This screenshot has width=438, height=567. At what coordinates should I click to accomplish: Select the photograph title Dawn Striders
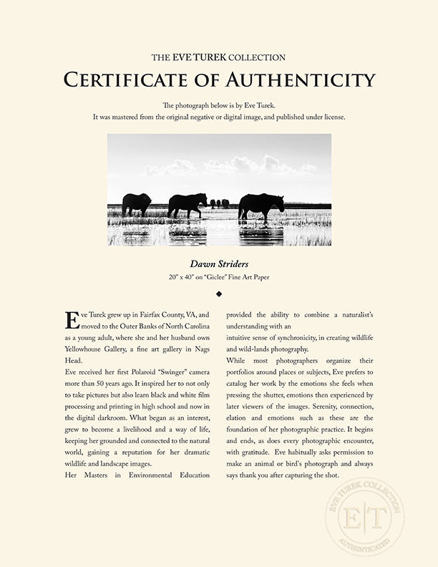coord(219,264)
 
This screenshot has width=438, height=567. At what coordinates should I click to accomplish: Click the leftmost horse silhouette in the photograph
coord(136,204)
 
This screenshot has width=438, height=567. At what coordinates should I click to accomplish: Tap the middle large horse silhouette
coord(188,205)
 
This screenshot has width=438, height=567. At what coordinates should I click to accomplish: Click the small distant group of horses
coord(220,203)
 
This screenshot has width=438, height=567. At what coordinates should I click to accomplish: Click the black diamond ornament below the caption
coord(219,294)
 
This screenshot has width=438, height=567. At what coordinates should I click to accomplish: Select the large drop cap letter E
coord(72,319)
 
